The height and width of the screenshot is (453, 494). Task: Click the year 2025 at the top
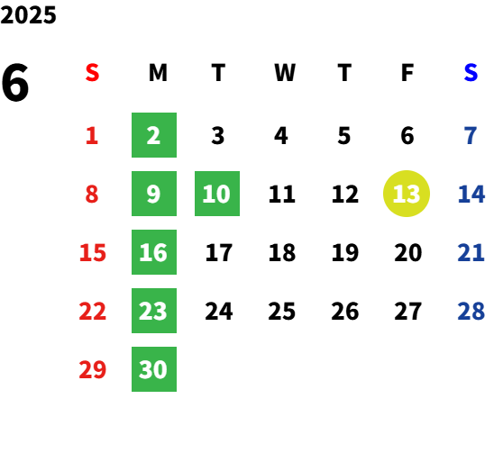(28, 15)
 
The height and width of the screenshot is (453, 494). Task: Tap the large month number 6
(15, 83)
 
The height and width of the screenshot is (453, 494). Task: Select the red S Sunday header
(92, 73)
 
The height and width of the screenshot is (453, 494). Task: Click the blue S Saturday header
(471, 73)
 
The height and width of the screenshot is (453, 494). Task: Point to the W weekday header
(285, 73)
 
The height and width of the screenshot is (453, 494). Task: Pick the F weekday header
(407, 73)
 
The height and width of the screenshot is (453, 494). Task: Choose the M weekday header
(158, 73)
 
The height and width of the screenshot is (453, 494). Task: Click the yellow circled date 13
(407, 194)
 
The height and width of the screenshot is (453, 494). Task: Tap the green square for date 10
(217, 194)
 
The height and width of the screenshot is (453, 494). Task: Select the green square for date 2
(154, 135)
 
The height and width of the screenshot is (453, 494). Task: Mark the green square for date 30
(154, 369)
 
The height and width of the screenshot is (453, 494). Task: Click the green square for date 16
(154, 252)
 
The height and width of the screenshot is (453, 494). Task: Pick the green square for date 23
(154, 311)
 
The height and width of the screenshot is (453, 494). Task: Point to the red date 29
(92, 369)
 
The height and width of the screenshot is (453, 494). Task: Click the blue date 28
(471, 311)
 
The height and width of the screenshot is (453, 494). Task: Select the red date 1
(92, 136)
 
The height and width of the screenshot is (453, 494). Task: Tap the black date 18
(282, 252)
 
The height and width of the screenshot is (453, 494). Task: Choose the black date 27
(407, 311)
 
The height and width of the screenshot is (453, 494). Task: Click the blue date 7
(471, 136)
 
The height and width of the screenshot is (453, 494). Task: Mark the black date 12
(345, 194)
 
